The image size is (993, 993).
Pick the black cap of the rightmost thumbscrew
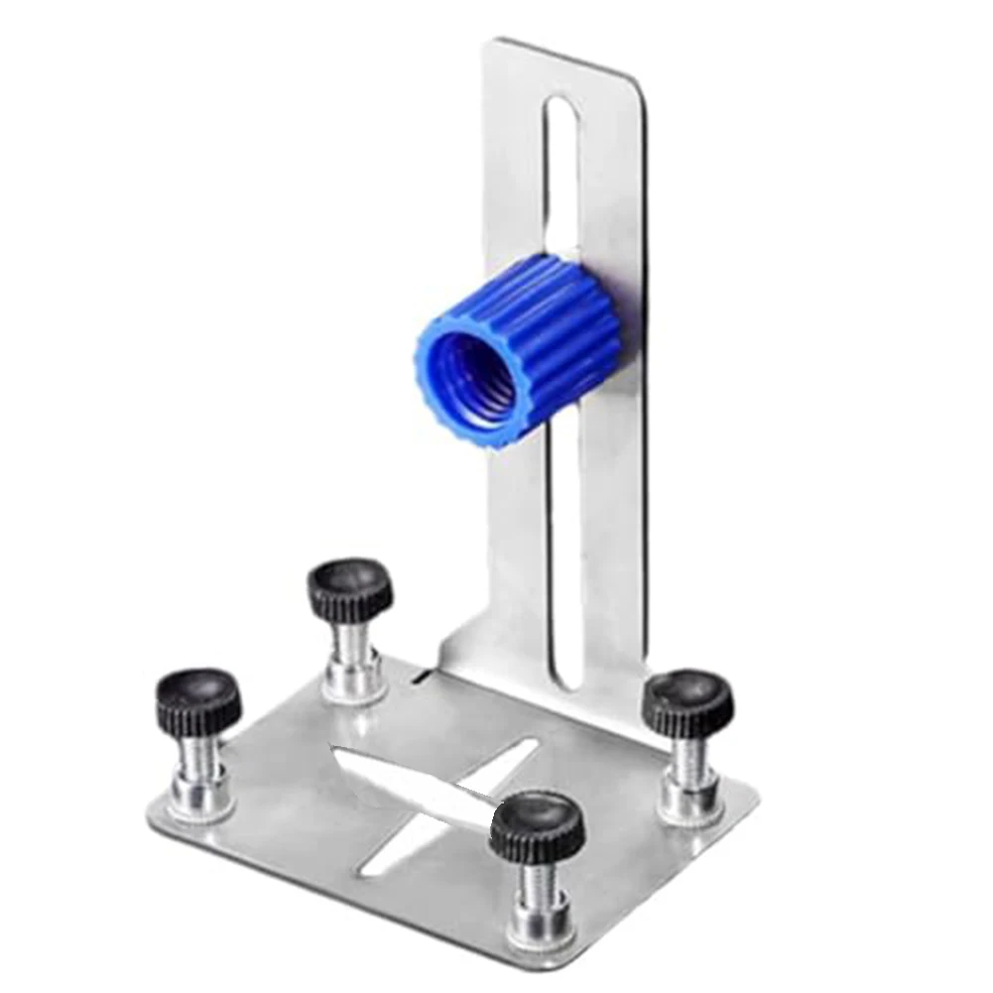[x=687, y=701]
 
